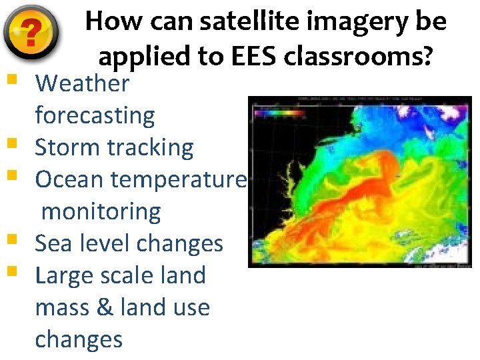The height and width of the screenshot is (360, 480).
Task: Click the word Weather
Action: click(82, 83)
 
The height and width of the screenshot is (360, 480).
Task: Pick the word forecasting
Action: click(95, 116)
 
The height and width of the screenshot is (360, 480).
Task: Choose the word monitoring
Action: click(101, 212)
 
